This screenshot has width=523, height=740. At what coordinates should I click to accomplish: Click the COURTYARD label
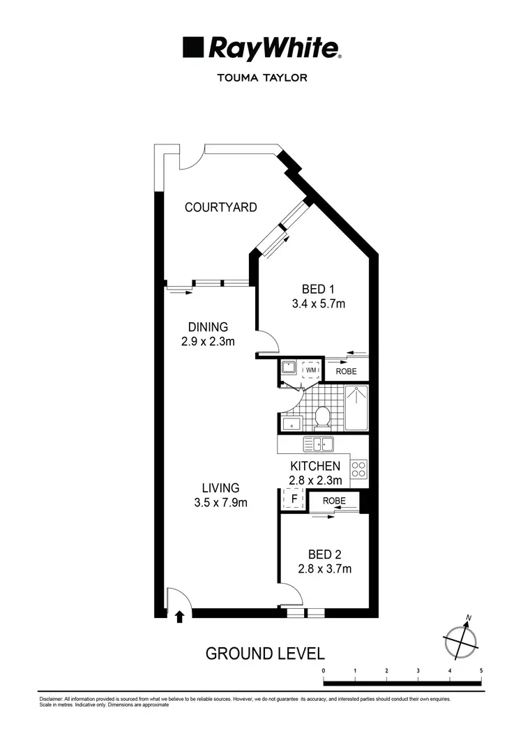[220, 207]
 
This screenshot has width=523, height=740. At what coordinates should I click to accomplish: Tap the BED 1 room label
[319, 289]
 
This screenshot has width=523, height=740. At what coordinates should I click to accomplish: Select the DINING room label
[208, 327]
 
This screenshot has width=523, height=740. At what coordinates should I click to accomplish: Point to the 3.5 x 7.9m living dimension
[220, 502]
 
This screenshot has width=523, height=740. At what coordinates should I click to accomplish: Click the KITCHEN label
[315, 466]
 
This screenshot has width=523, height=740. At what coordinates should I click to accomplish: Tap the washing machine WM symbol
[311, 370]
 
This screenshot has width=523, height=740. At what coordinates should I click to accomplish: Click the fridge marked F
[294, 500]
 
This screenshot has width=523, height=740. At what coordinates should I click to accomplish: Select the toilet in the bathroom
[322, 419]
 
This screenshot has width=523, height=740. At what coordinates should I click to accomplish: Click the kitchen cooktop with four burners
[358, 469]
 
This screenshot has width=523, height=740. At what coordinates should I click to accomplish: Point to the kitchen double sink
[319, 444]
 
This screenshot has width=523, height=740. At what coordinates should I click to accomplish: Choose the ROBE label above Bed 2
[334, 501]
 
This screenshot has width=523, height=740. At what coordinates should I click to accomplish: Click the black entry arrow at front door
[179, 616]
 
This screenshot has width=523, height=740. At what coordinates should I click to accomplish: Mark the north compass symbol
[460, 638]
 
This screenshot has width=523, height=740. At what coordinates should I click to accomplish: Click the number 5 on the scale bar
[481, 670]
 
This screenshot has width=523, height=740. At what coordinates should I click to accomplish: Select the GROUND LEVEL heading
[264, 654]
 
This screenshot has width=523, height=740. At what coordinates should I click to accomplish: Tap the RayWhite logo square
[193, 47]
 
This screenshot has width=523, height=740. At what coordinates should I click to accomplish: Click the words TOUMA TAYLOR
[262, 78]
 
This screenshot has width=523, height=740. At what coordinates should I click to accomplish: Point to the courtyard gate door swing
[189, 159]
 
